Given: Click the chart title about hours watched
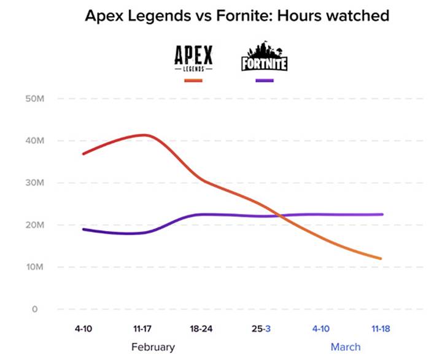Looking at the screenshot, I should pyautogui.click(x=238, y=16).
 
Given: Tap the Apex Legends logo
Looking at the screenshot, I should pyautogui.click(x=193, y=59).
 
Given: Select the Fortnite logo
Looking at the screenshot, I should pyautogui.click(x=265, y=57).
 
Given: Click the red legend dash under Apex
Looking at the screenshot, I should pyautogui.click(x=193, y=80).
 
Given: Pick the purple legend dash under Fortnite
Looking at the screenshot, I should pyautogui.click(x=264, y=80).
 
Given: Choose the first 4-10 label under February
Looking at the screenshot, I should pyautogui.click(x=83, y=329).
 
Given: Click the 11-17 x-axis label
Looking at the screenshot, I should pyautogui.click(x=142, y=329).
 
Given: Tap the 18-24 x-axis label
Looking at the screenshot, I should pyautogui.click(x=201, y=329).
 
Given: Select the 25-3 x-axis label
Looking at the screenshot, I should pyautogui.click(x=260, y=329).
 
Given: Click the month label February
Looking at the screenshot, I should pyautogui.click(x=153, y=347).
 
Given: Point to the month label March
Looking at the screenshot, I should pyautogui.click(x=346, y=347).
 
